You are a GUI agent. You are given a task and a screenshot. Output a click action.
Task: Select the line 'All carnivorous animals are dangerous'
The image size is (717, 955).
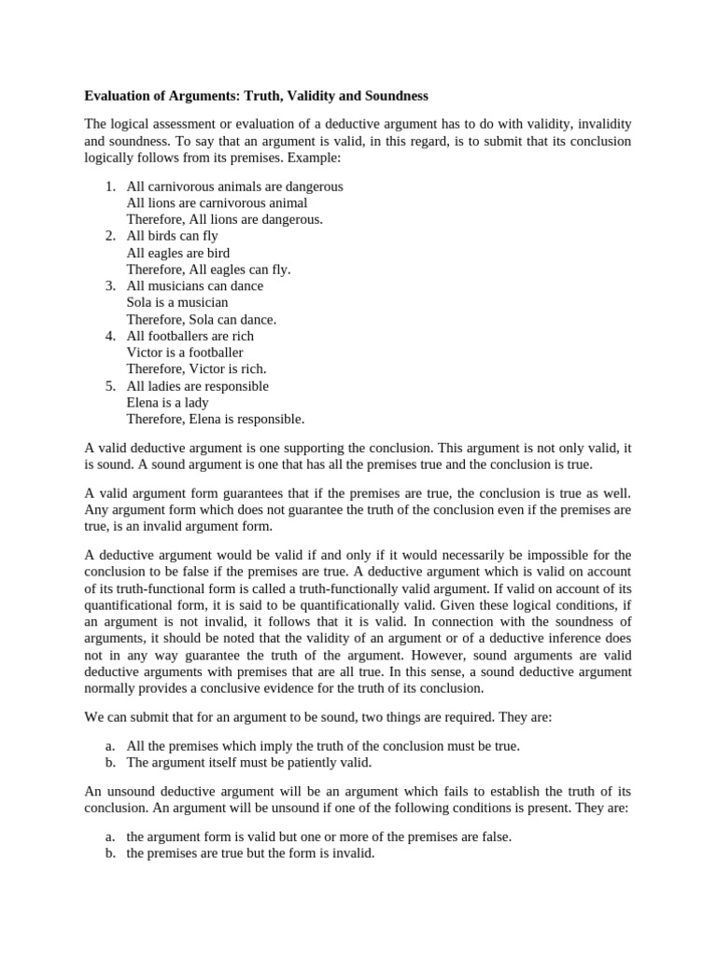coord(234,186)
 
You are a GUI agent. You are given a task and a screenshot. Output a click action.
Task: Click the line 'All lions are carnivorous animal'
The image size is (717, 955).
coord(217,202)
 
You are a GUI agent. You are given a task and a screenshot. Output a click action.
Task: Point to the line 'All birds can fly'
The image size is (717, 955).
coord(172,236)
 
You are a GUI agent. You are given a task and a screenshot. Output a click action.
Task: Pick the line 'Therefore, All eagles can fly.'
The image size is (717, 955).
coord(208,270)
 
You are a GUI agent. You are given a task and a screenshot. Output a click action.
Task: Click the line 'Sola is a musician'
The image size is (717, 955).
coord(177,302)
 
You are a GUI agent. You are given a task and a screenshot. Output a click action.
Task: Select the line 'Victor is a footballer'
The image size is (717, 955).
coord(185,353)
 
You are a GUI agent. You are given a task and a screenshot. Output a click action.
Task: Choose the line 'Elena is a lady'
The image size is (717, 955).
coord(167,403)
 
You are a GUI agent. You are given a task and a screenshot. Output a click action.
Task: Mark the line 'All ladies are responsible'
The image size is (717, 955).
coord(197,386)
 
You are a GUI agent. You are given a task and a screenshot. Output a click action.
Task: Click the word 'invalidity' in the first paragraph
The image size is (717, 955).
coord(600,124)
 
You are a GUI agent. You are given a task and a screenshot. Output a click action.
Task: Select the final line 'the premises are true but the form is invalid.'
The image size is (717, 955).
coord(250,852)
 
